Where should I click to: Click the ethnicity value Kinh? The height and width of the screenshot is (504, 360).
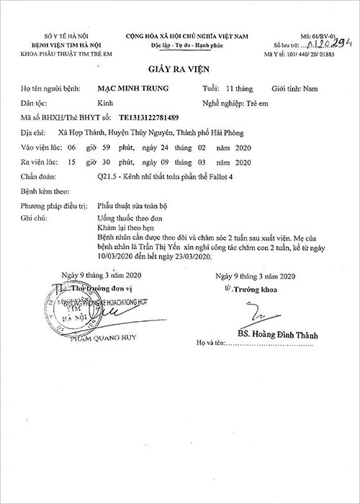(x=104, y=104)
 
